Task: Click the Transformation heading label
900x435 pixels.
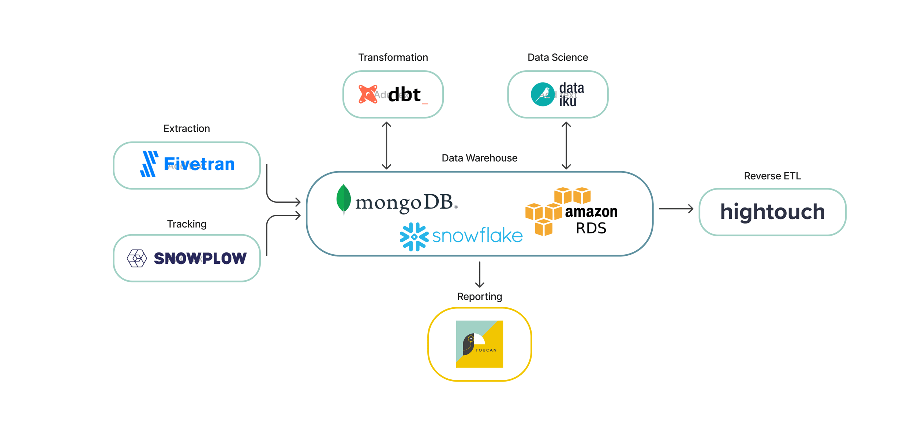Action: point(393,57)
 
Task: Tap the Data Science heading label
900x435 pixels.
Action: point(558,57)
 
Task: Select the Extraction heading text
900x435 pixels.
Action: point(187,128)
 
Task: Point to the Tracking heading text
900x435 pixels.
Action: point(187,224)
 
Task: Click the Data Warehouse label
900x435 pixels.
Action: point(479,158)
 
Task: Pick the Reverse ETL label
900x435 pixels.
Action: point(772,176)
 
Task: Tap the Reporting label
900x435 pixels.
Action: point(479,296)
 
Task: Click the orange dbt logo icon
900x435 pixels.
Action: point(368,94)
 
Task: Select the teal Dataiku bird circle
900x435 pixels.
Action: point(543,94)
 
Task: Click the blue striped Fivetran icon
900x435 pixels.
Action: point(149,164)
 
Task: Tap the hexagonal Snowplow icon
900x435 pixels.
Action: point(137,258)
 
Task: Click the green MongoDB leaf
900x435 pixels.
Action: point(344,199)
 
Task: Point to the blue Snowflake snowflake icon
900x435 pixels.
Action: point(414,237)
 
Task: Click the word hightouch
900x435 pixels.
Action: point(772,212)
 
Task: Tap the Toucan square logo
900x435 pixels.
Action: point(479,344)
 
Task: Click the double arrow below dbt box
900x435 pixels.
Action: point(386,146)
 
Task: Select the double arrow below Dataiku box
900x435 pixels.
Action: point(566,146)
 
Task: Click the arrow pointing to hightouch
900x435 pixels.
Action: point(676,209)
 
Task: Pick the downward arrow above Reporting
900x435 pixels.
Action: point(479,274)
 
